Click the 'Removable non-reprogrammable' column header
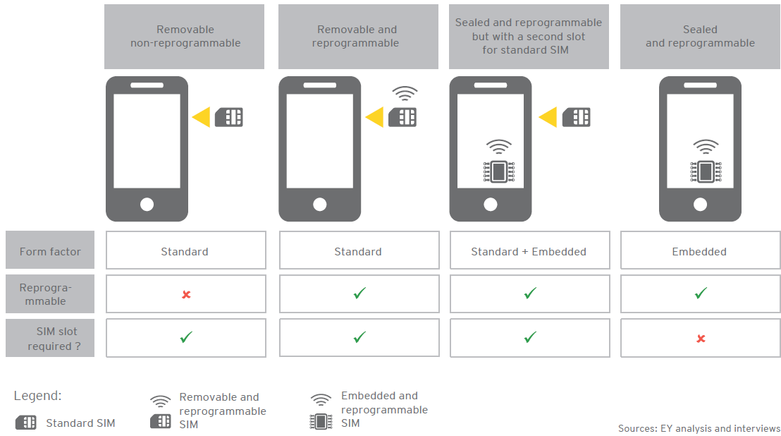click(x=184, y=37)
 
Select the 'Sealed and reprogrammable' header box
click(x=700, y=37)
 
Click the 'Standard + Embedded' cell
click(x=529, y=250)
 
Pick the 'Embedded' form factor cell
click(x=700, y=250)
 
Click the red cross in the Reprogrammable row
click(x=186, y=294)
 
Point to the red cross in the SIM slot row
click(x=701, y=339)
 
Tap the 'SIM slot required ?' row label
click(x=50, y=338)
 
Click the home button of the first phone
click(x=147, y=205)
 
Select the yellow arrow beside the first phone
click(x=202, y=117)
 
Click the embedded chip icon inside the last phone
click(x=706, y=171)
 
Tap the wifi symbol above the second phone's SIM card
click(x=405, y=93)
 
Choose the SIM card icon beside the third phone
click(x=577, y=117)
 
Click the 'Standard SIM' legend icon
click(x=26, y=423)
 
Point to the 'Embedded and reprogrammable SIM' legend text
click(x=384, y=409)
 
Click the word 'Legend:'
click(x=38, y=396)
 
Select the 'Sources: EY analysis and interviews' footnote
click(x=699, y=428)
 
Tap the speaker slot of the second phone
click(x=320, y=85)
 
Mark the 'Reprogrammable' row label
click(x=45, y=294)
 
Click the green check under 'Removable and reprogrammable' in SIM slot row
click(x=359, y=337)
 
